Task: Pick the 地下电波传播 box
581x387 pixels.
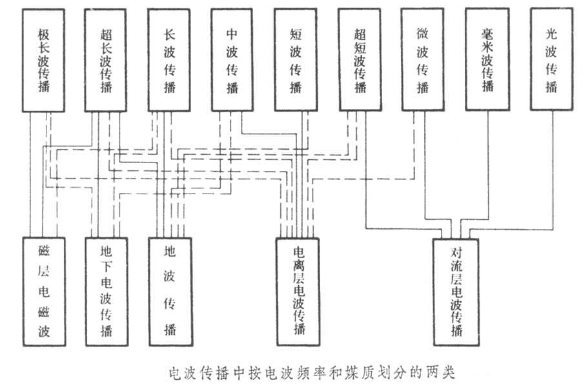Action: tap(106, 291)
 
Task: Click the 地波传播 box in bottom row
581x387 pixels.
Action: tap(170, 291)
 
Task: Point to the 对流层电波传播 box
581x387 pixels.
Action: tap(456, 291)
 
